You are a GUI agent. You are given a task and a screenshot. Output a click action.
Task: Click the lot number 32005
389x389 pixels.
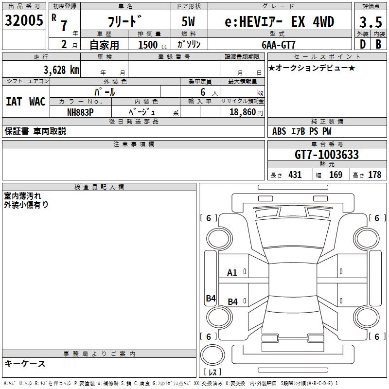click(24, 21)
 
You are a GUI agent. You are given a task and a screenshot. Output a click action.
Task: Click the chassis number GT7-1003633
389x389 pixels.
click(327, 155)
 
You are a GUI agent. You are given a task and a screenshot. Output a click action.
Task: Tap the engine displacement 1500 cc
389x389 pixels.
click(151, 45)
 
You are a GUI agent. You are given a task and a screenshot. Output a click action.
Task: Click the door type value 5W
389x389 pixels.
click(189, 22)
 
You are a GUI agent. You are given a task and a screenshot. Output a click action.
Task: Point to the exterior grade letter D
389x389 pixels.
click(362, 44)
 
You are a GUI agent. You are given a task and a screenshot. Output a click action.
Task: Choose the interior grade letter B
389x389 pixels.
click(378, 44)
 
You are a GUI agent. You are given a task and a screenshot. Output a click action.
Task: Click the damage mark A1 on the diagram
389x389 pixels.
click(232, 273)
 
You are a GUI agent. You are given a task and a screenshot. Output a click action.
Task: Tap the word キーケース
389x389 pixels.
click(25, 363)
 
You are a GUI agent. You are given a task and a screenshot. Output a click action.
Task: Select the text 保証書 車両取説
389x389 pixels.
click(35, 131)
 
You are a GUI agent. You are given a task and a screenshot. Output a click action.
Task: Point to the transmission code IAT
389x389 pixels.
click(14, 101)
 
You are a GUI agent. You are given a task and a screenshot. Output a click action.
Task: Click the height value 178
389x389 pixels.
click(374, 175)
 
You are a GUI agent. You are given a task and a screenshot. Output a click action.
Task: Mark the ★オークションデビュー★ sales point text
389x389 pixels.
click(312, 68)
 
